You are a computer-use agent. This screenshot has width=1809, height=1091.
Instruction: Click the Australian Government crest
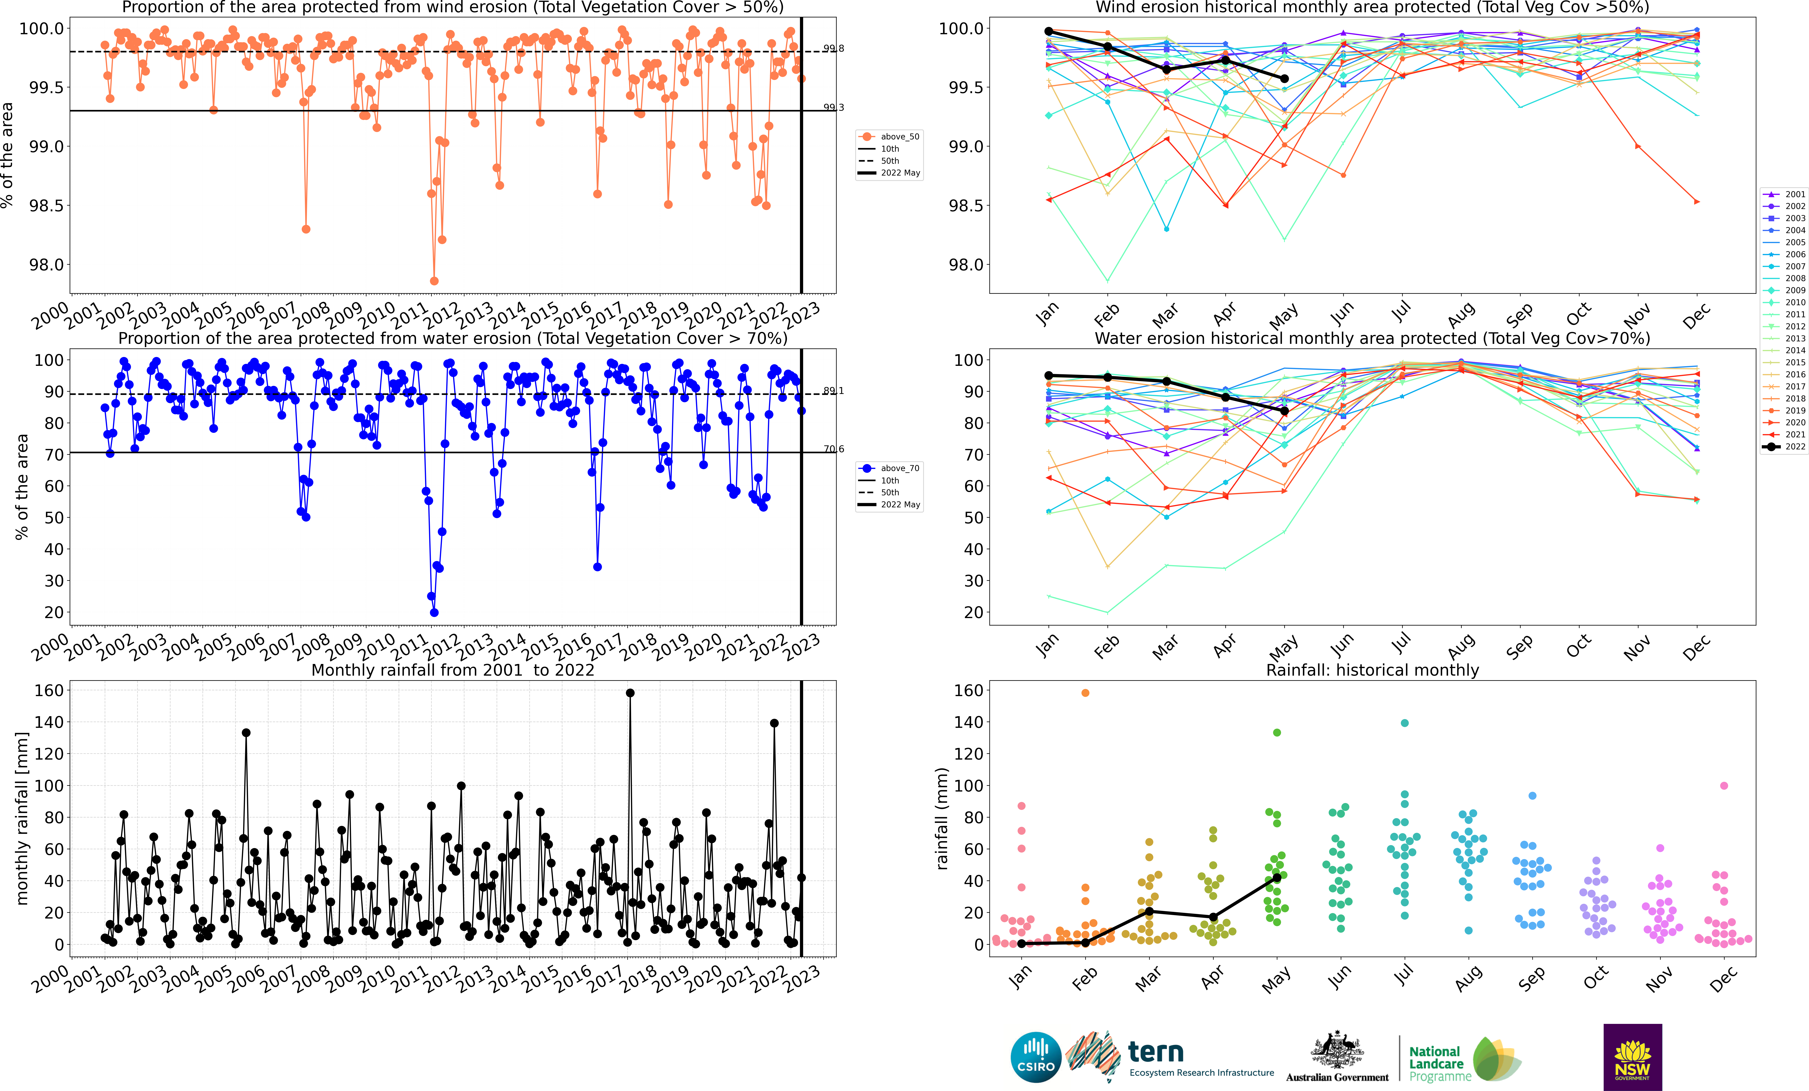(1337, 1051)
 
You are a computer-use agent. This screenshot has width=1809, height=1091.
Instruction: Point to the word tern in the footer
(1156, 1052)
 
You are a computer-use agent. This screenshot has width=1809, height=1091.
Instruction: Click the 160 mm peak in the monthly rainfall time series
(630, 693)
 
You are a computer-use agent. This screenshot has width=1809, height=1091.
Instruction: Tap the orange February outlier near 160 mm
(1085, 693)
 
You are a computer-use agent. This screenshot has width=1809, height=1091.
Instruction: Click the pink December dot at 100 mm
(1724, 786)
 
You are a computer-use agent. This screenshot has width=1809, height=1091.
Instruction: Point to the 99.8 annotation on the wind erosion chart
(833, 48)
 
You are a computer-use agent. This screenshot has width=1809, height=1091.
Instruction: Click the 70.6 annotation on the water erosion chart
(833, 449)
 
